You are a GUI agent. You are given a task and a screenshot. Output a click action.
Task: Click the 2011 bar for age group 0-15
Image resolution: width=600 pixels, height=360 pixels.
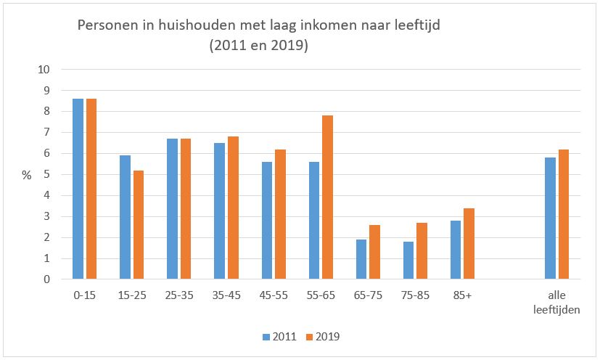pos(78,189)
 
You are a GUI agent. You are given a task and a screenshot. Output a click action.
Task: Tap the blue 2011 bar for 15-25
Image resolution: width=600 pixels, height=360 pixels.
pos(126,217)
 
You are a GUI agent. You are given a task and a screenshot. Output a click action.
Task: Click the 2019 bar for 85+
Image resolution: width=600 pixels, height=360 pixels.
pos(469,243)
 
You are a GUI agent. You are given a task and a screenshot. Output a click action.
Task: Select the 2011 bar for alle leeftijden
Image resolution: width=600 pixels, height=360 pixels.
pos(551,218)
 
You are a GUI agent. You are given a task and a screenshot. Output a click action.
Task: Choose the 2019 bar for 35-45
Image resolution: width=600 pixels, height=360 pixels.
pos(233,208)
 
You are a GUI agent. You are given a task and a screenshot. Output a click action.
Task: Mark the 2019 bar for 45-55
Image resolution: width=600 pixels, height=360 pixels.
pos(280,214)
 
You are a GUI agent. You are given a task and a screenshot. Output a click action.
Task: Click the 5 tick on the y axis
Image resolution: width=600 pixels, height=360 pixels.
pos(46,175)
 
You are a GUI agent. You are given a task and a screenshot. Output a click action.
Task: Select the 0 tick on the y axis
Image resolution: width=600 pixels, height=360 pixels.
pos(46,279)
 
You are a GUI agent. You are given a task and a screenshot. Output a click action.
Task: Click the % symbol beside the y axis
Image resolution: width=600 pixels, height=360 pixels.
pos(26,175)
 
